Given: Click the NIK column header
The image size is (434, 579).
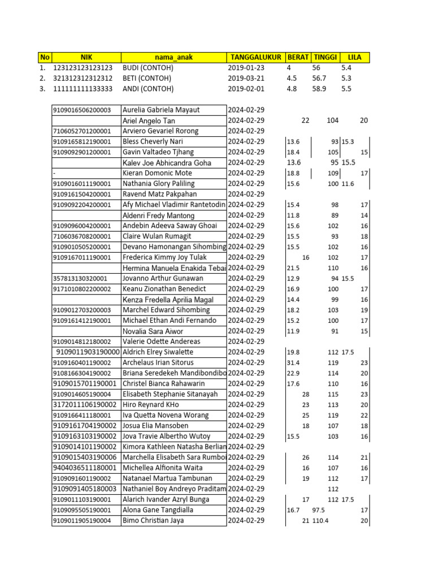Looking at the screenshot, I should click(x=86, y=57).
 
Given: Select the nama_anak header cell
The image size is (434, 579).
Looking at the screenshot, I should click(x=173, y=57).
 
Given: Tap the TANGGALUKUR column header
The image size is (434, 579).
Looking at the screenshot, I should click(x=255, y=57).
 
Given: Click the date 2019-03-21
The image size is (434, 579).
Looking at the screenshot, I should click(x=246, y=79).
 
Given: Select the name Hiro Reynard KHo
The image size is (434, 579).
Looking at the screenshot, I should click(x=151, y=405).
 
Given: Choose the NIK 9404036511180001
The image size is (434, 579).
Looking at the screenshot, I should click(x=85, y=468).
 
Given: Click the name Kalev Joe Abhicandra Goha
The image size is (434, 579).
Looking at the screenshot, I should click(x=167, y=163).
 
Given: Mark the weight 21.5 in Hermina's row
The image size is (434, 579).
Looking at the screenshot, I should click(x=293, y=268).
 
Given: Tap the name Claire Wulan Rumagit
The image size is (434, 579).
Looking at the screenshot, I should click(x=157, y=236).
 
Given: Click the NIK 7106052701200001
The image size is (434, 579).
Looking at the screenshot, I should click(x=82, y=131).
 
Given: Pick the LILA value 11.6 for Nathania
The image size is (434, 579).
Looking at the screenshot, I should click(x=348, y=184).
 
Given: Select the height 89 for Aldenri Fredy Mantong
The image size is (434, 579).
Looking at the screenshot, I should click(x=335, y=215).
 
